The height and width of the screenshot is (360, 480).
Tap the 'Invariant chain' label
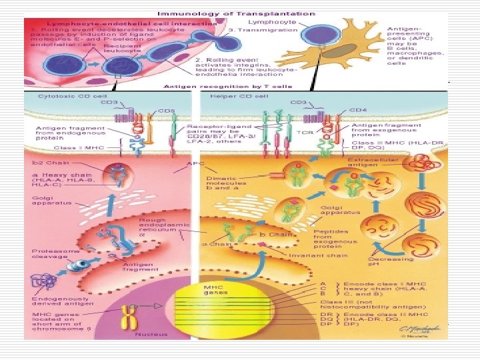(309, 255)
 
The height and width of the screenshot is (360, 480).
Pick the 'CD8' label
(166, 110)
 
